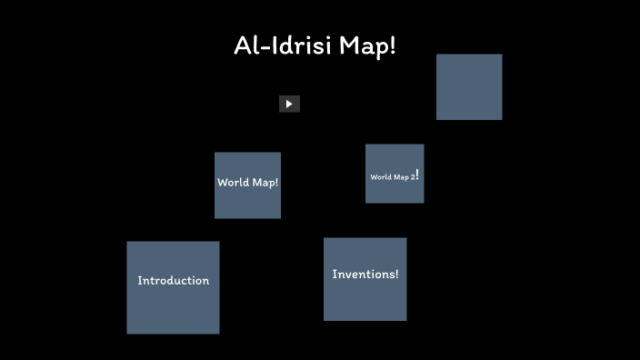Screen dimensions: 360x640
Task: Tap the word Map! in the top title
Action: [x=367, y=46]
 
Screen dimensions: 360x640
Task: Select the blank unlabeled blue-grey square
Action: [x=469, y=87]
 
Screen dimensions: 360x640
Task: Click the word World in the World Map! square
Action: [x=233, y=183]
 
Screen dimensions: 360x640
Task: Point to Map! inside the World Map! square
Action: [x=265, y=183]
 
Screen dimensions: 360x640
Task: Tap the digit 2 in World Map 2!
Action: [x=412, y=176]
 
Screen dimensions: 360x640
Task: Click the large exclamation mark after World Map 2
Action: [x=417, y=174]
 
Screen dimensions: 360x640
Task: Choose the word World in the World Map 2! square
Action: [x=380, y=177]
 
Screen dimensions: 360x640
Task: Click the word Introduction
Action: [x=173, y=281]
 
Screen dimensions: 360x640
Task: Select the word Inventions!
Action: [x=365, y=275]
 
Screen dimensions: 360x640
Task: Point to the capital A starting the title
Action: [x=243, y=46]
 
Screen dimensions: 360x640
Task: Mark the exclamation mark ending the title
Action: [x=392, y=46]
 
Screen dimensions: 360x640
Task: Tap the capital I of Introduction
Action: [x=139, y=281]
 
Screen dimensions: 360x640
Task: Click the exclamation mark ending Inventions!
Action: [x=395, y=275]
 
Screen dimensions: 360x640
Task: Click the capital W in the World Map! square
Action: [x=223, y=183]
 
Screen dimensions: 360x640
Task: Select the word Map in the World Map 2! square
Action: [x=401, y=177]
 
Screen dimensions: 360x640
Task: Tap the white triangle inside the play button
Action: [x=289, y=104]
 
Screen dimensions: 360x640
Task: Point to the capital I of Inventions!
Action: [x=335, y=275]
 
